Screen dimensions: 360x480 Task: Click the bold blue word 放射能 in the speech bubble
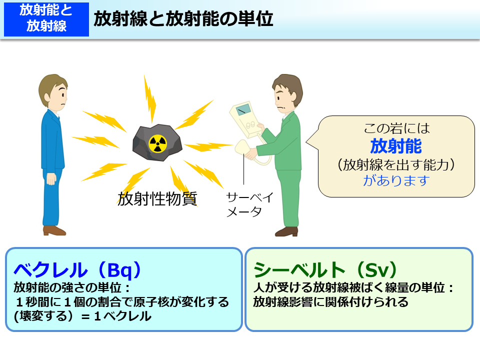pyautogui.click(x=395, y=146)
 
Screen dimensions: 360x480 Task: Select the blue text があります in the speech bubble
pyautogui.click(x=395, y=180)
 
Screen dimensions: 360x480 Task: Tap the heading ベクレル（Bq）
pyautogui.click(x=77, y=270)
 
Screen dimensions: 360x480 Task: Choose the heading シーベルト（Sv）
pyautogui.click(x=325, y=270)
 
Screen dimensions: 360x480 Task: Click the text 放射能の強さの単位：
pyautogui.click(x=72, y=288)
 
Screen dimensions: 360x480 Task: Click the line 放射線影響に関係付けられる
pyautogui.click(x=330, y=302)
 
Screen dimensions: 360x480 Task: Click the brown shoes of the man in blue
pyautogui.click(x=53, y=230)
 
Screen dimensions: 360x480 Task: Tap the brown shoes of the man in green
pyautogui.click(x=286, y=231)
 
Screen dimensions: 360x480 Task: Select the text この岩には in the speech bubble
pyautogui.click(x=395, y=128)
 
